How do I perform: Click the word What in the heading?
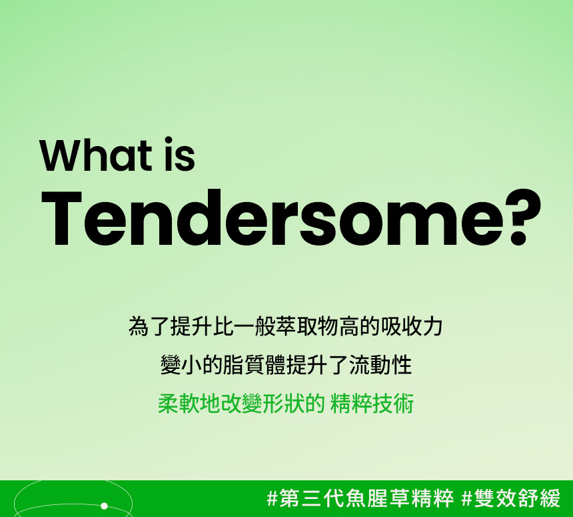[x=96, y=155]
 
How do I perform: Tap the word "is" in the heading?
[x=179, y=154]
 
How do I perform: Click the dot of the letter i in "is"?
[x=168, y=141]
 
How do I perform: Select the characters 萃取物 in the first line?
[x=308, y=326]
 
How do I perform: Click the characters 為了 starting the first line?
[x=149, y=326]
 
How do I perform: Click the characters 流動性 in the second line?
[x=380, y=365]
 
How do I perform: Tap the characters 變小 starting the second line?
[x=181, y=365]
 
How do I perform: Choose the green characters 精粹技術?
[x=372, y=404]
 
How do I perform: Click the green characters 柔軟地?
[x=189, y=404]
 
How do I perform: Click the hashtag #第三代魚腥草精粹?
[x=360, y=498]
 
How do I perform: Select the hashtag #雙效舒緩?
[x=511, y=498]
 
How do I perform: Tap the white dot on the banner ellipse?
[x=104, y=506]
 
